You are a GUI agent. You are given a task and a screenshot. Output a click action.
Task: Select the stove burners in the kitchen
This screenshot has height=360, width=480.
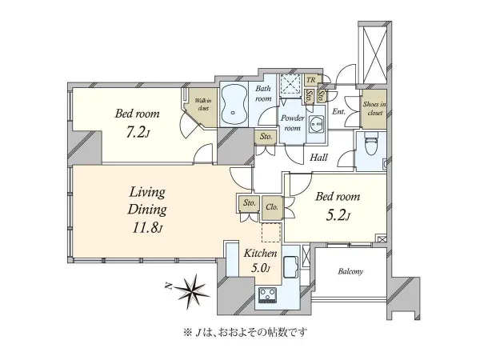pos(267,300)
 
